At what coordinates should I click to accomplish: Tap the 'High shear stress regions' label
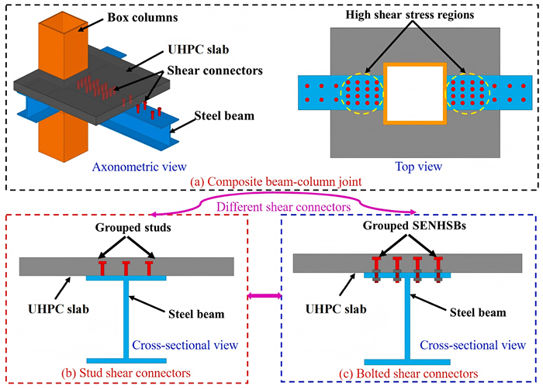point(413,15)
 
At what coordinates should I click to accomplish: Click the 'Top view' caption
point(419,165)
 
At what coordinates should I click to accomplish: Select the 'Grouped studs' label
point(126,229)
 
